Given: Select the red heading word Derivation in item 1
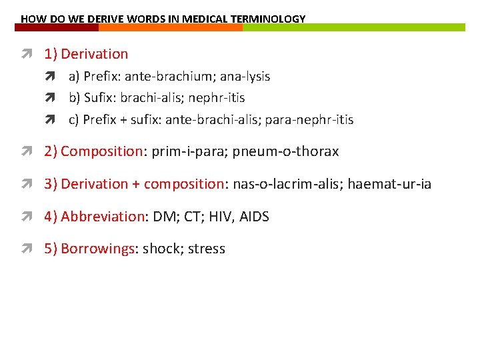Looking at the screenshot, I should tap(94, 54).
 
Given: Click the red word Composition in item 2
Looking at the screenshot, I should tap(101, 151).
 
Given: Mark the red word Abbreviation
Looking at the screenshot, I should tap(103, 217).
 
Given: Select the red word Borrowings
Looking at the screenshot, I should tap(97, 249).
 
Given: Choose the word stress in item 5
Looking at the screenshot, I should tap(207, 249).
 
